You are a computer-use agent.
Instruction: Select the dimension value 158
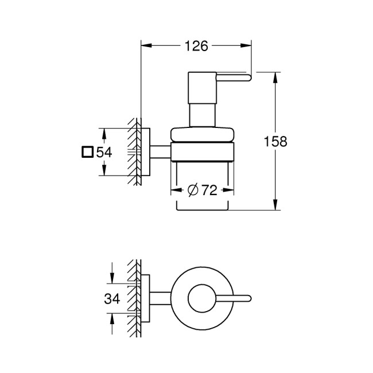pyautogui.click(x=276, y=141)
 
